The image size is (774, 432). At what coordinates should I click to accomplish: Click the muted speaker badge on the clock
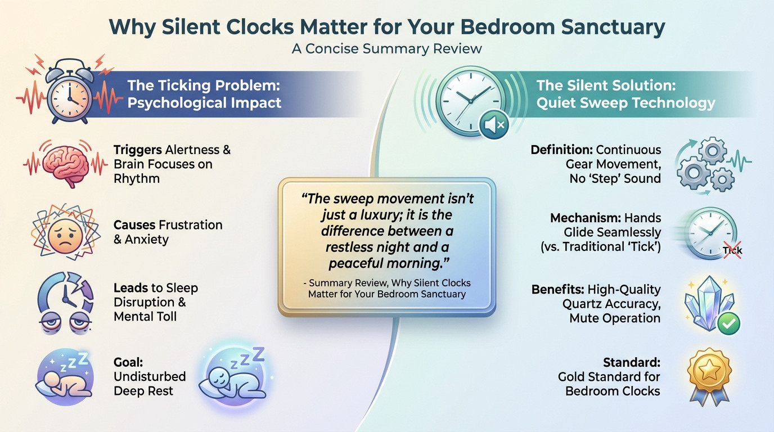494,124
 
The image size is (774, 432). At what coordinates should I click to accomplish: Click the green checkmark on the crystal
729,323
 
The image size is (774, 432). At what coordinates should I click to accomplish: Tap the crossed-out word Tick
732,251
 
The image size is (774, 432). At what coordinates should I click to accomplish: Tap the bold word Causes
134,225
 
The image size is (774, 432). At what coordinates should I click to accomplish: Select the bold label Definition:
561,150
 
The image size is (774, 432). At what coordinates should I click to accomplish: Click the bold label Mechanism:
581,218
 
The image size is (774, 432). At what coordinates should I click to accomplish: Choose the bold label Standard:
631,362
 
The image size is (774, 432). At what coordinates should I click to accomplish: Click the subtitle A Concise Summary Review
386,48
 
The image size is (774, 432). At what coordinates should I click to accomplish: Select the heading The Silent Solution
605,85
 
